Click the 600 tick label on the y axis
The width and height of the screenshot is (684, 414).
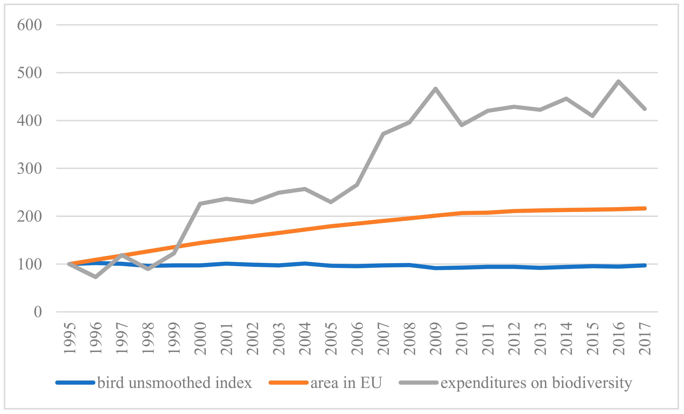coord(29,25)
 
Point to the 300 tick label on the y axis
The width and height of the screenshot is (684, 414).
coord(29,169)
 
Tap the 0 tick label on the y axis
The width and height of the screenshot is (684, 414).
coord(38,312)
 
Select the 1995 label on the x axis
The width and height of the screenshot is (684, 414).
coord(70,338)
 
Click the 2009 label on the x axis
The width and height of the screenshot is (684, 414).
coord(436,338)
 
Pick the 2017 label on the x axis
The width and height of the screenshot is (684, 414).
coord(645,338)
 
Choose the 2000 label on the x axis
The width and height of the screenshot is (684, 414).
coord(200,338)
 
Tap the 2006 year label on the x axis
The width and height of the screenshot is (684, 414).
coord(357,338)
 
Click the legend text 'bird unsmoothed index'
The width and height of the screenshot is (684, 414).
coord(174,383)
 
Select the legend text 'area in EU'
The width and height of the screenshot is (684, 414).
coord(346,383)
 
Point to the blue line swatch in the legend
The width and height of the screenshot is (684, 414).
coord(75,383)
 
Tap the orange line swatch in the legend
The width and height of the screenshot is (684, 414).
coord(288,383)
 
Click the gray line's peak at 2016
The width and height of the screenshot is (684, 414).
coord(618,81)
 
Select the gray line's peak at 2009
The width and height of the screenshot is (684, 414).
coord(436,89)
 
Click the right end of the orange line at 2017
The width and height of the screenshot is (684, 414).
coord(645,208)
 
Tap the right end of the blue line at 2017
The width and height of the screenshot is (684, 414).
coord(645,265)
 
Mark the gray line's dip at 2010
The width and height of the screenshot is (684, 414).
coord(462,125)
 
